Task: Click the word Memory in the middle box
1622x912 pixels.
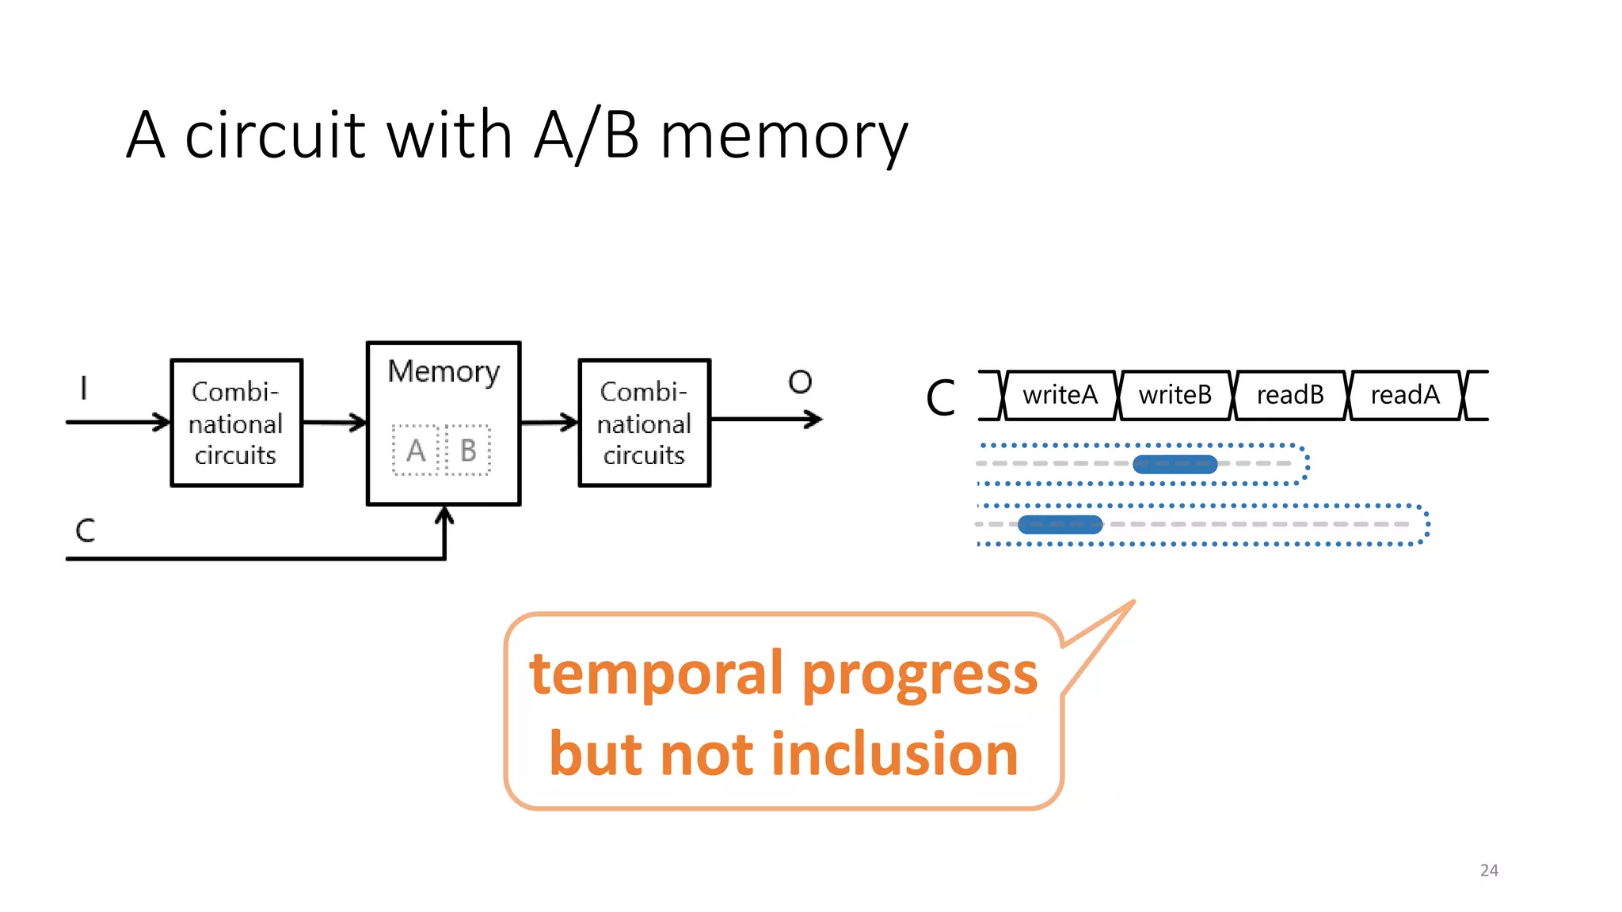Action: (x=444, y=372)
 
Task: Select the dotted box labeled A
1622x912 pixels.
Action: (x=416, y=450)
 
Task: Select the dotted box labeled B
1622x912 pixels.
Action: (x=468, y=450)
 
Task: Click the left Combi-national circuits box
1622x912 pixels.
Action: (x=236, y=423)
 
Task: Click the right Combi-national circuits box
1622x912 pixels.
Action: (x=644, y=423)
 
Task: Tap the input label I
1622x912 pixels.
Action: (x=83, y=389)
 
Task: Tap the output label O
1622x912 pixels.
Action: (x=800, y=382)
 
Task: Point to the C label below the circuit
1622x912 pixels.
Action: (x=85, y=530)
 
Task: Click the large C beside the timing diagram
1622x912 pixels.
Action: (x=941, y=397)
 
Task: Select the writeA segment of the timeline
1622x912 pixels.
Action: (x=1060, y=395)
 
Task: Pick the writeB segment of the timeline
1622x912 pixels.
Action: (x=1175, y=395)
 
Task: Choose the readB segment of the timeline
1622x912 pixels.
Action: (x=1289, y=395)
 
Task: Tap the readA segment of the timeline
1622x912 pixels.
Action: (x=1404, y=395)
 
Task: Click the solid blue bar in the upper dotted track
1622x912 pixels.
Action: (x=1175, y=465)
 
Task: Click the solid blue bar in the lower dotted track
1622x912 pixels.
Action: (x=1060, y=524)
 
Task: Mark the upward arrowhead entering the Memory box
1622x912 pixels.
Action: (x=444, y=515)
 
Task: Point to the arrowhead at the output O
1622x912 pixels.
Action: (x=815, y=420)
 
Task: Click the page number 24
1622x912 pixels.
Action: (x=1488, y=870)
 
